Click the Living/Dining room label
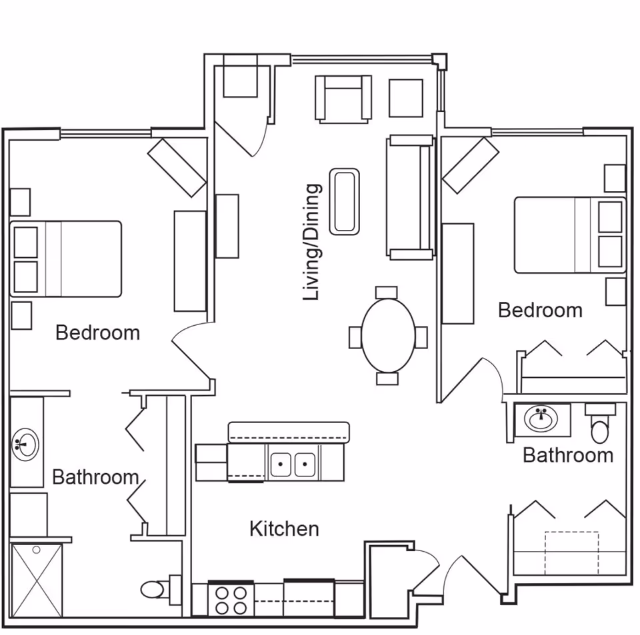[x=312, y=243]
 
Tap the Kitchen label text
[x=284, y=529]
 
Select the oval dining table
[x=387, y=335]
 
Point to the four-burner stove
[x=231, y=599]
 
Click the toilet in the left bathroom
[x=154, y=590]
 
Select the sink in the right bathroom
[x=542, y=420]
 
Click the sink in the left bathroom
[x=26, y=443]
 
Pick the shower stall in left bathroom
[x=37, y=580]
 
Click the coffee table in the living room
[x=345, y=201]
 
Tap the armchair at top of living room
[x=343, y=99]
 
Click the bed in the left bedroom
[x=67, y=259]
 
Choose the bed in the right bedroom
[x=569, y=235]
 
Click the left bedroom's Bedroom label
[x=97, y=332]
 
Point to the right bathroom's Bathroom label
[x=567, y=455]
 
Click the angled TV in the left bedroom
[x=177, y=167]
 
